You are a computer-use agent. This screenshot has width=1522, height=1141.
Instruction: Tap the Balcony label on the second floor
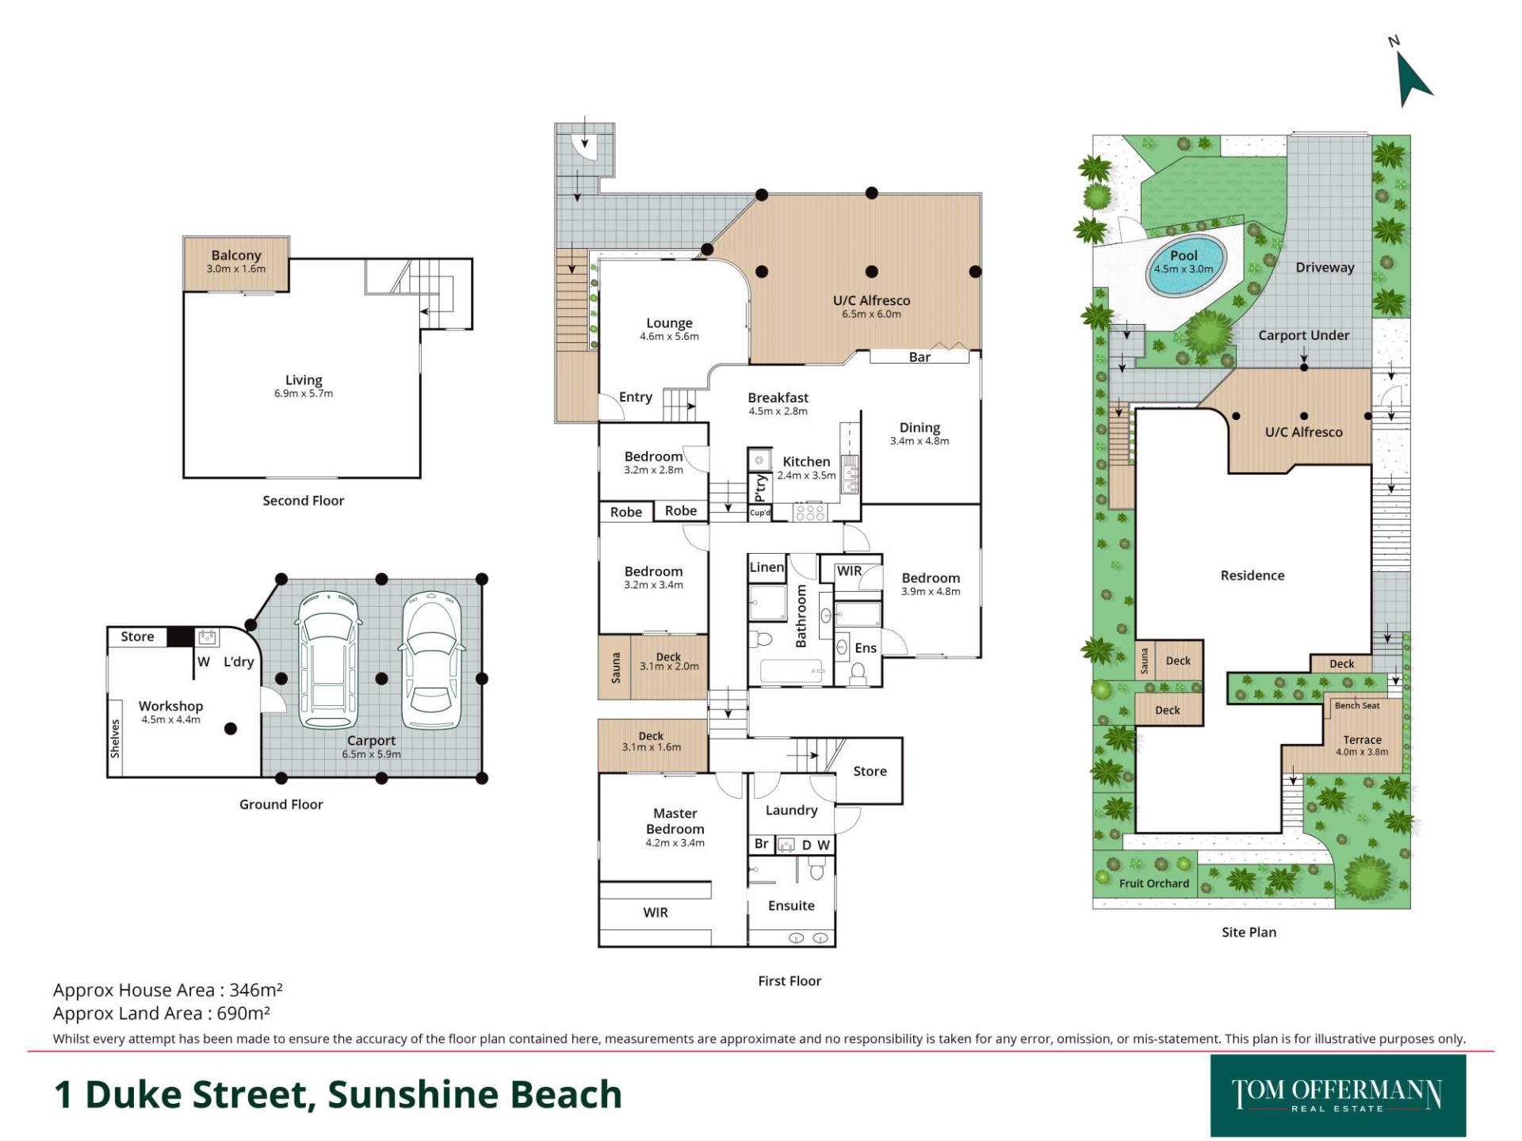tap(236, 255)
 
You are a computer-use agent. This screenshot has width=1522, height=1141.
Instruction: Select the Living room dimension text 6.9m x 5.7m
tap(304, 394)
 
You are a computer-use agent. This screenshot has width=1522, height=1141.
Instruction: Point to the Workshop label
tap(170, 706)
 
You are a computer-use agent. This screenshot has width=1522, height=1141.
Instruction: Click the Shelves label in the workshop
tap(115, 738)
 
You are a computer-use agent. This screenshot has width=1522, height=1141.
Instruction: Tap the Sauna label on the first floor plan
tap(616, 666)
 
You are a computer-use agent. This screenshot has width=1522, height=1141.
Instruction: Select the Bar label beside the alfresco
tap(920, 357)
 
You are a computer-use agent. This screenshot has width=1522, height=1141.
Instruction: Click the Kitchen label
tap(806, 461)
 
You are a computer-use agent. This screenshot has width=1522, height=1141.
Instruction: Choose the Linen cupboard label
tap(767, 567)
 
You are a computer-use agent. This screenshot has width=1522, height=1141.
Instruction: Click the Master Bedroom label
tap(675, 821)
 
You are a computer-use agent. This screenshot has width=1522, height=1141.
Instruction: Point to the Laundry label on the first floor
tap(791, 810)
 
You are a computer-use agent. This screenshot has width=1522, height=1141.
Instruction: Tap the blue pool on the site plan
tap(1185, 265)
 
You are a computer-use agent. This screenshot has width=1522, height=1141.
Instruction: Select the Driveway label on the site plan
tap(1325, 268)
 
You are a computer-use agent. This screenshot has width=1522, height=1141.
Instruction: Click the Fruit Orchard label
tap(1154, 883)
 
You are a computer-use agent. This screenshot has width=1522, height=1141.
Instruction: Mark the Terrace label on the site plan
tap(1362, 740)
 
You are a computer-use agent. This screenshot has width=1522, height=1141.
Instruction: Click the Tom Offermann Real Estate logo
tap(1337, 1096)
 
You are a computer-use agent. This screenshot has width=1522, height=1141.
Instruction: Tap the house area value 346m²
tap(256, 990)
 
